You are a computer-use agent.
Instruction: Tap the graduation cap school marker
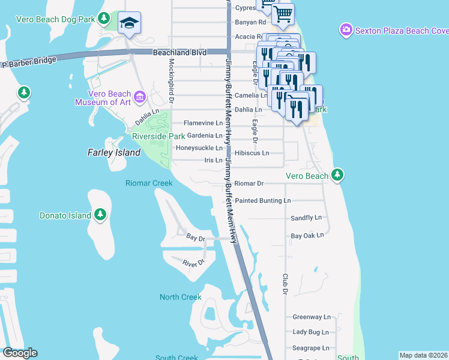click(x=129, y=23)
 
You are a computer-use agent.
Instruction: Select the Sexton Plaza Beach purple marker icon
click(x=346, y=29)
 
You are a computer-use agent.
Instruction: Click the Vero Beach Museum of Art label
click(x=103, y=98)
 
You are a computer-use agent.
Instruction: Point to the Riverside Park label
click(x=158, y=136)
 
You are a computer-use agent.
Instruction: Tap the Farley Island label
click(x=115, y=152)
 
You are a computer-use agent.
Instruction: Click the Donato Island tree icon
click(x=100, y=215)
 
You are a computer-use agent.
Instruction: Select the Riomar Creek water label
click(x=149, y=183)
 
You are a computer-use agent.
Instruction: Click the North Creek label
click(x=181, y=297)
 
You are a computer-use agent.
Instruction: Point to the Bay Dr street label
click(x=196, y=238)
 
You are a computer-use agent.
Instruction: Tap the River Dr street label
click(x=193, y=263)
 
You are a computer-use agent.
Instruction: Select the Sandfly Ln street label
click(x=306, y=218)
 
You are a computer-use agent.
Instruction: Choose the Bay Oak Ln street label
click(x=307, y=236)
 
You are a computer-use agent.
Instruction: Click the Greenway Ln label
click(x=312, y=317)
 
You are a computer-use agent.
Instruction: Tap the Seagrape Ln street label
click(x=312, y=347)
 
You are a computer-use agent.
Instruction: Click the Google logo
click(x=20, y=353)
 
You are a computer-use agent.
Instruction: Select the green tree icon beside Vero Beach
click(x=338, y=175)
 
